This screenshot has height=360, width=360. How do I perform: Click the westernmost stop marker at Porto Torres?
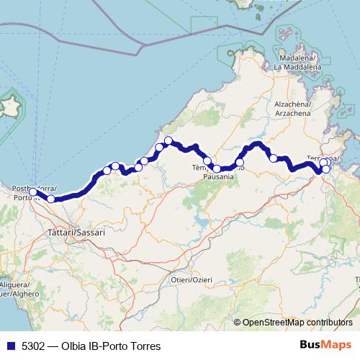tap(33, 192)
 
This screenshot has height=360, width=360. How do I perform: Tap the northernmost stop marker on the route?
tap(168, 140)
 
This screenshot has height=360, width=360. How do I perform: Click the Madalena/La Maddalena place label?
tap(297, 63)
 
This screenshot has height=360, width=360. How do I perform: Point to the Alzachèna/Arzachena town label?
tap(292, 109)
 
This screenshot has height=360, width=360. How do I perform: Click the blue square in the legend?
tap(10, 346)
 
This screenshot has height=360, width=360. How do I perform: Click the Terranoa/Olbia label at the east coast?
tap(323, 158)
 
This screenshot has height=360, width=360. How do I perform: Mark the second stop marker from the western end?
tap(51, 199)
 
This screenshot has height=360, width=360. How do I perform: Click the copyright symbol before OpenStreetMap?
tap(238, 323)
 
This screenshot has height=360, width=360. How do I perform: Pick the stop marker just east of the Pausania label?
tap(240, 163)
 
